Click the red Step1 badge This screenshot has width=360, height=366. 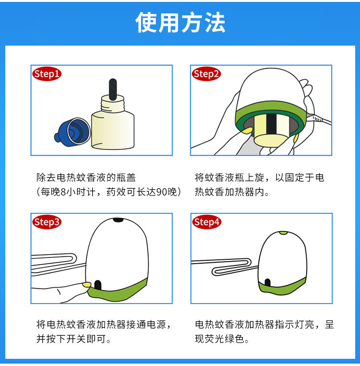pos(47,74)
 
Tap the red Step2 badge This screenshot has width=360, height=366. pos(206,74)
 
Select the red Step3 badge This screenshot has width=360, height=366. pos(47,222)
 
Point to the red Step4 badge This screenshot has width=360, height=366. pos(207,222)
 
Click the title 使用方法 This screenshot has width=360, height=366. pos(180,23)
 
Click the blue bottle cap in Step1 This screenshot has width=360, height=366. pos(72,133)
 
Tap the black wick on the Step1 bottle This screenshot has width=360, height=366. pos(113,89)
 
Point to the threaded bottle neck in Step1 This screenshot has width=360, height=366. pos(113,103)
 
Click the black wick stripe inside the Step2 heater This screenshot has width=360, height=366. pos(272,124)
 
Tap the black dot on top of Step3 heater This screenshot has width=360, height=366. pos(118,220)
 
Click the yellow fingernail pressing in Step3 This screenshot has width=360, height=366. pos(86,284)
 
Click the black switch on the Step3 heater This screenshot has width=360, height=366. pos(97,285)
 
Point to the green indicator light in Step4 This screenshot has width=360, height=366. pos(283,233)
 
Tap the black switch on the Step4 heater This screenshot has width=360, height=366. pos(268,282)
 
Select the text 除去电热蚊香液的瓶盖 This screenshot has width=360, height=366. pos(86,178)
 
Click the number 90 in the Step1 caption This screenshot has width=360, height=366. pos(161,192)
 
